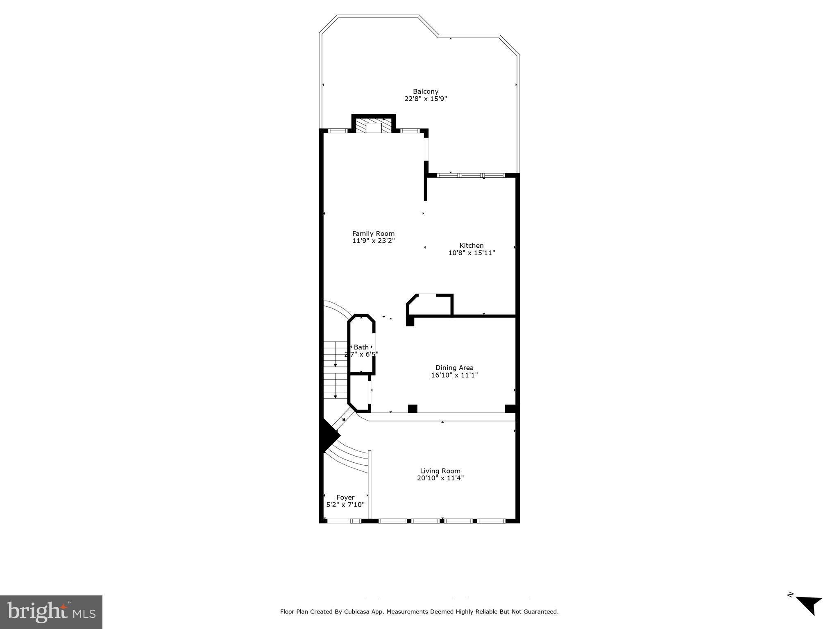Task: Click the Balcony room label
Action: [425, 91]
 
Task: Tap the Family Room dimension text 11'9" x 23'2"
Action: [373, 241]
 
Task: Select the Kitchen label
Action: [471, 246]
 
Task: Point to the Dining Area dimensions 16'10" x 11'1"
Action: [454, 375]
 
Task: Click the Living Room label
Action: [440, 471]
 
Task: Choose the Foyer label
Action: [345, 497]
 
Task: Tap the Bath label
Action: [361, 347]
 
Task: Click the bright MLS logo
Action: [51, 612]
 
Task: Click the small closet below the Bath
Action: [359, 393]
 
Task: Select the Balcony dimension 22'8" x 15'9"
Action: [425, 99]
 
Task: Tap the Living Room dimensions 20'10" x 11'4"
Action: [440, 478]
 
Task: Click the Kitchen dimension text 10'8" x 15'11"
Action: [471, 253]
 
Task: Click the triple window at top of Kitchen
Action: [471, 175]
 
